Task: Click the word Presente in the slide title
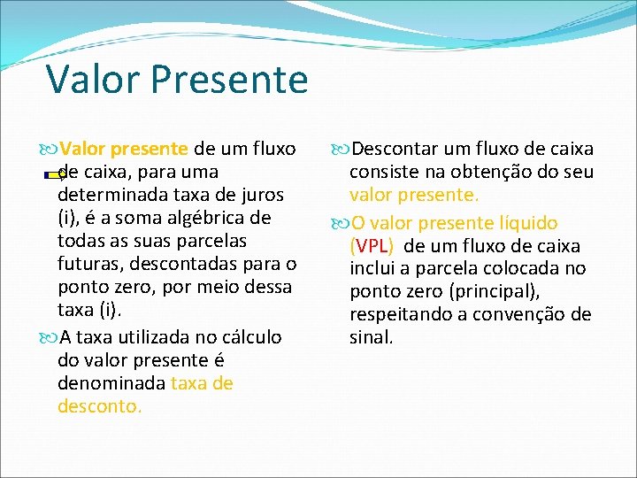(229, 79)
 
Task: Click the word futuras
(93, 264)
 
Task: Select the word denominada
(111, 383)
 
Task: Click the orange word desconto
(99, 406)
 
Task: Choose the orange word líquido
(526, 223)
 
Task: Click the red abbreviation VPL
(372, 246)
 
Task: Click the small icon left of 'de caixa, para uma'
(53, 174)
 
